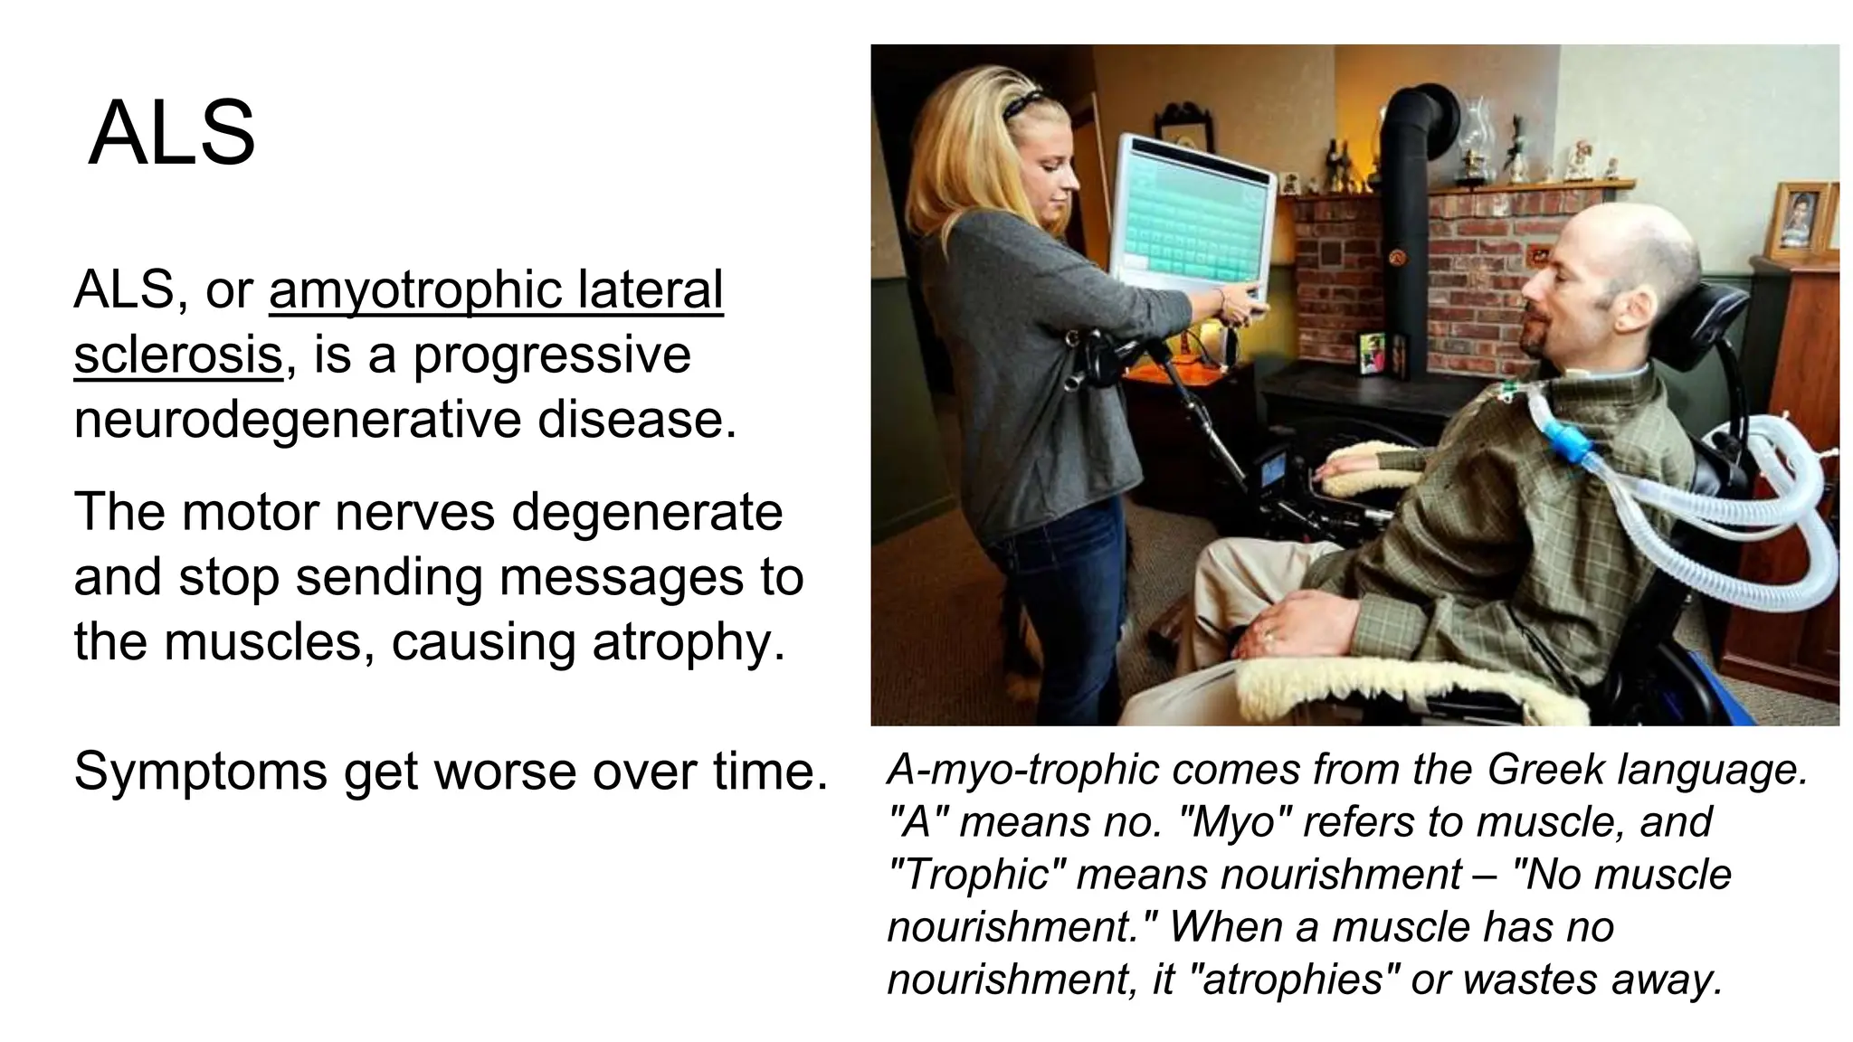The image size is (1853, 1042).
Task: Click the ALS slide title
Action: pyautogui.click(x=172, y=134)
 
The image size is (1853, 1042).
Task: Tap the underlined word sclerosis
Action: pyautogui.click(x=178, y=355)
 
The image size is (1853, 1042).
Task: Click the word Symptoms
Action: pyautogui.click(x=200, y=772)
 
